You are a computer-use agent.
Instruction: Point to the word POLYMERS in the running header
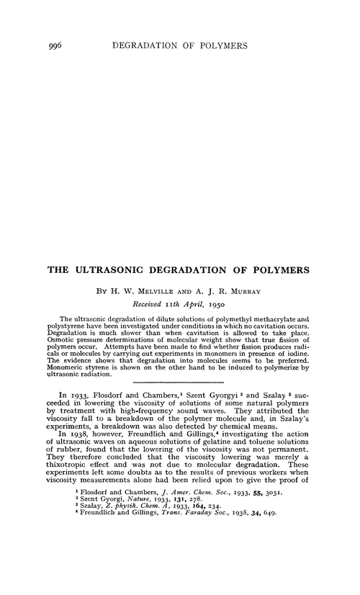[215, 45]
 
